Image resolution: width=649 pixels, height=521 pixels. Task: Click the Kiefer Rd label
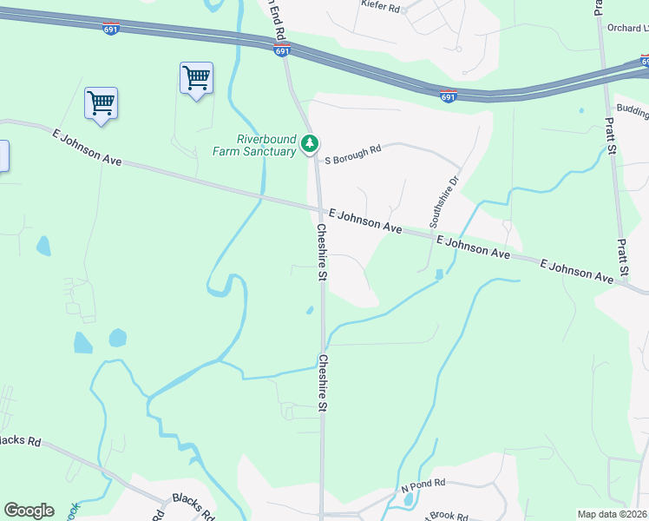tap(383, 8)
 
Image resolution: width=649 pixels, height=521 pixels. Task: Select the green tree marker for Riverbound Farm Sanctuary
tap(310, 144)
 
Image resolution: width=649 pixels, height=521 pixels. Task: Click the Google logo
tap(29, 511)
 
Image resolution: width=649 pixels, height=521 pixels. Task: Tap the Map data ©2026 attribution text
tap(612, 514)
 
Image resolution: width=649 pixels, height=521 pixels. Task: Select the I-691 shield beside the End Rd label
tap(283, 51)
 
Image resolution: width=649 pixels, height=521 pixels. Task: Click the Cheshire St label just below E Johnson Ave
tap(321, 253)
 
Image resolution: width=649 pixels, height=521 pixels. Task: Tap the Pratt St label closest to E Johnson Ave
tap(621, 257)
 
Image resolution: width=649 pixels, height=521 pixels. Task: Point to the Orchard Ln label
tap(628, 28)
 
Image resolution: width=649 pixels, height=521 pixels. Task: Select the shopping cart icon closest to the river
tap(196, 78)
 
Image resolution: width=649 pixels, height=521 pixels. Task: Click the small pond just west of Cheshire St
tap(309, 309)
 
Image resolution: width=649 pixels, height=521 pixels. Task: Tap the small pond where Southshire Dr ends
tap(439, 274)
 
